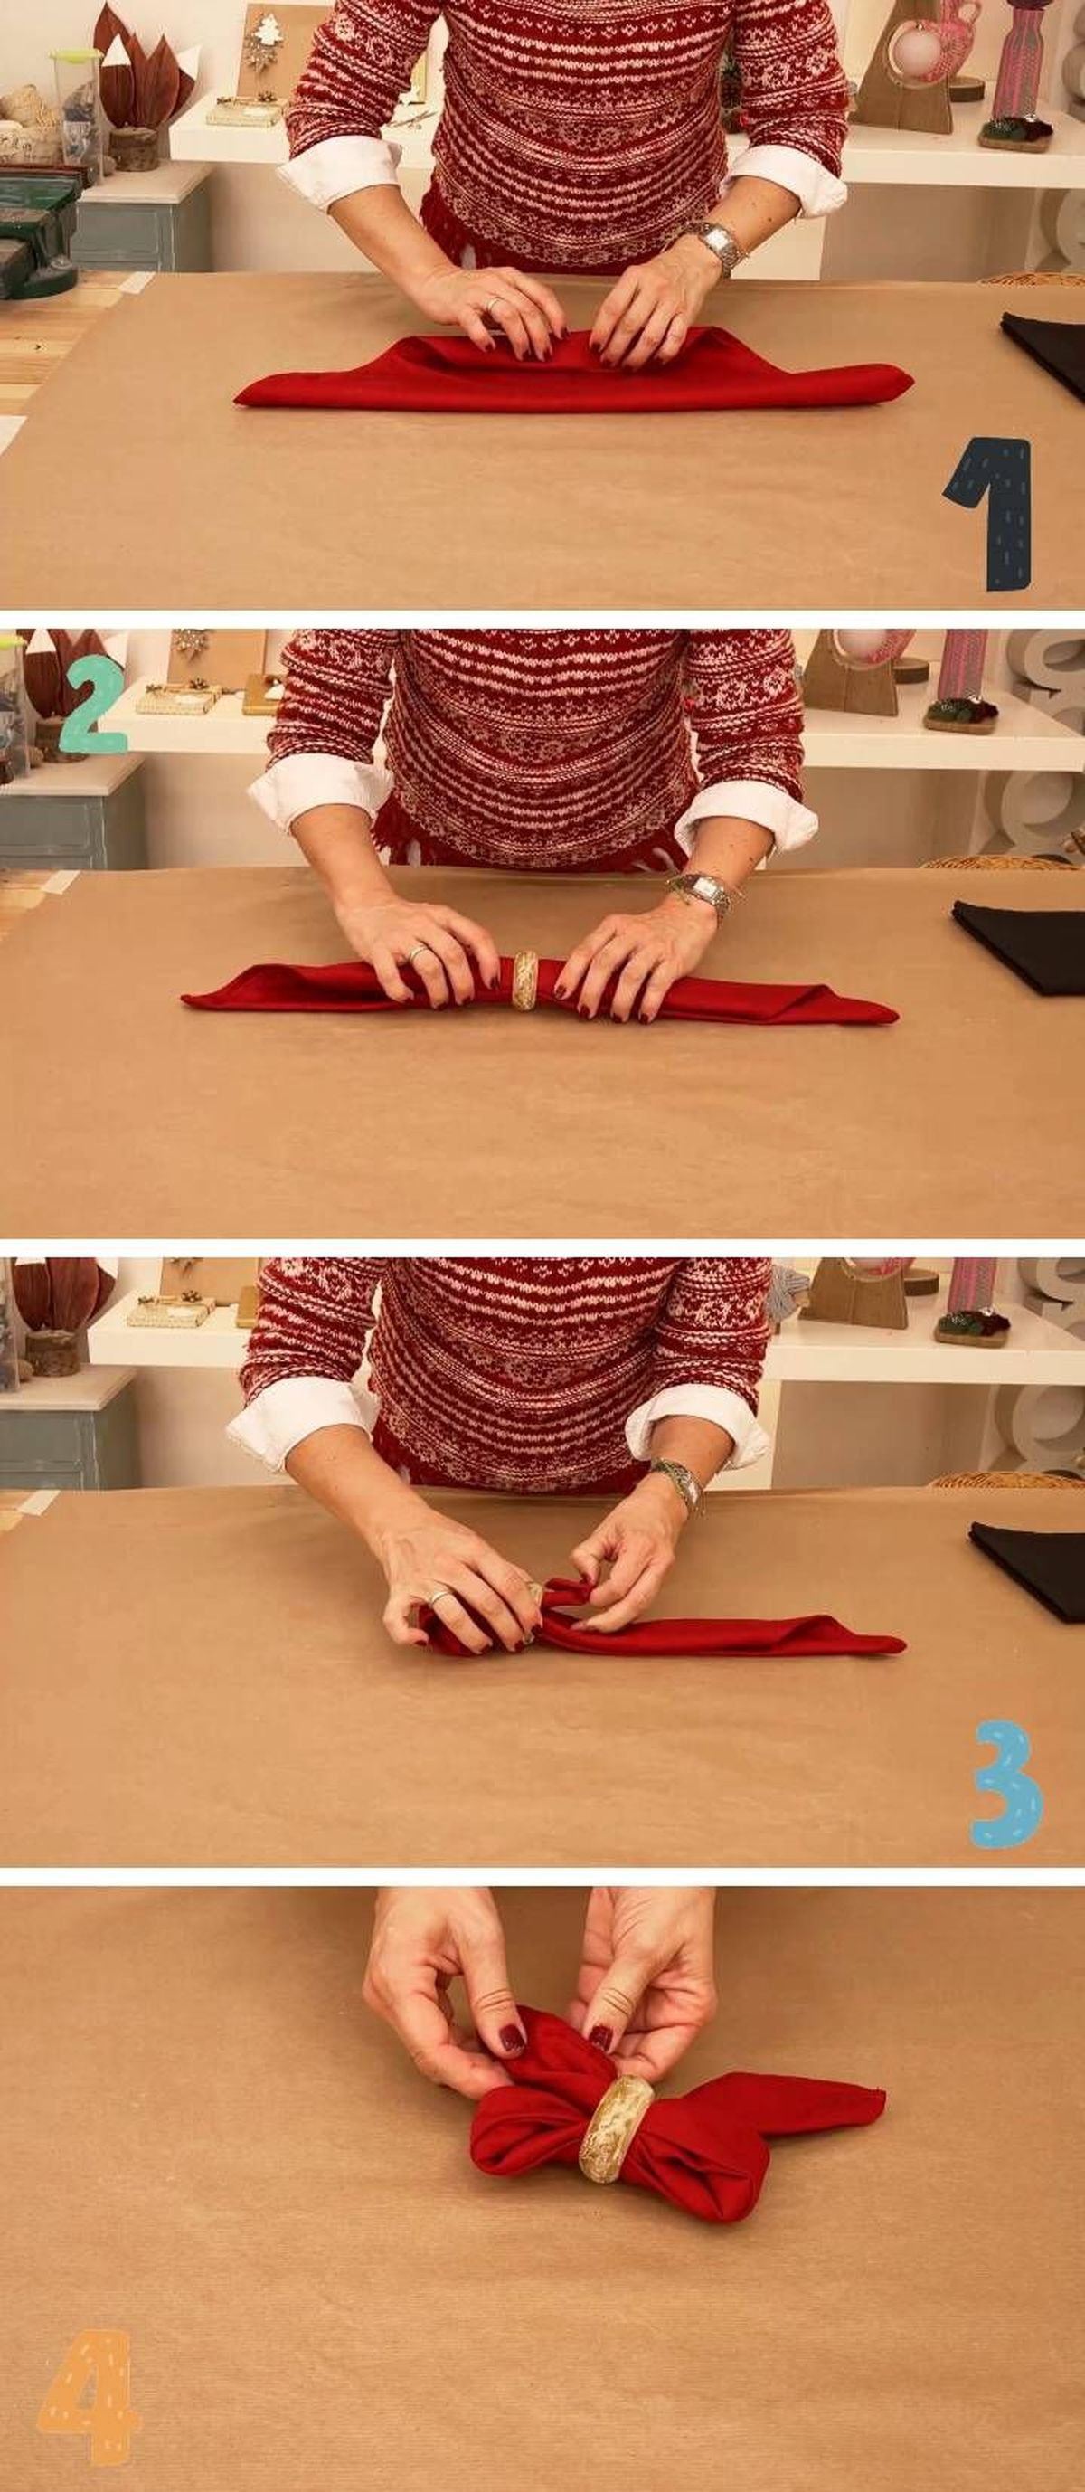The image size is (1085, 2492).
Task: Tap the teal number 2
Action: point(93,705)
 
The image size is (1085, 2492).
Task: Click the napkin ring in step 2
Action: point(525,980)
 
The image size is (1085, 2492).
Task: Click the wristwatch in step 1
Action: point(717,244)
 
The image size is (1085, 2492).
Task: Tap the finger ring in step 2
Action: point(416,952)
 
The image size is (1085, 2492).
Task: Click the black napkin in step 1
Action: point(1044,351)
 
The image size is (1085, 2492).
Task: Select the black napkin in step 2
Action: point(1020,946)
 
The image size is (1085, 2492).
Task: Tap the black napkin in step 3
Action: point(1029,1569)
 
